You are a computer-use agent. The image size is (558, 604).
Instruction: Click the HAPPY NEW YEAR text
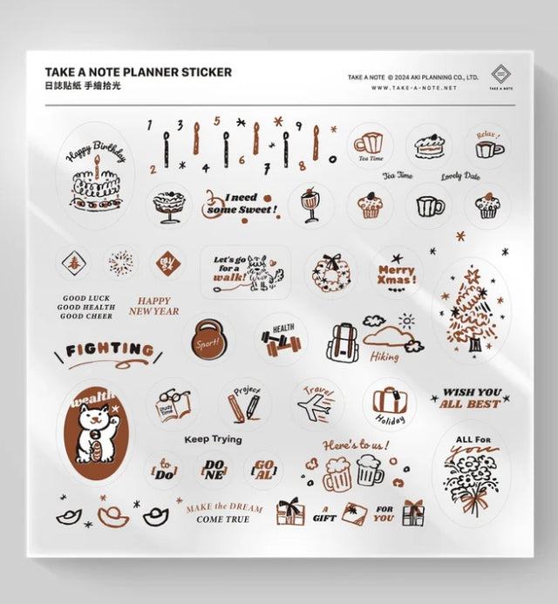(x=154, y=306)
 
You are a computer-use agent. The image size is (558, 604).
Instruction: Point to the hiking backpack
(x=343, y=341)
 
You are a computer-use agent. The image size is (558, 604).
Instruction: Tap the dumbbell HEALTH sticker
(x=281, y=339)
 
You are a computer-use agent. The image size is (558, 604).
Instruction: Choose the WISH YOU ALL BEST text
(x=471, y=398)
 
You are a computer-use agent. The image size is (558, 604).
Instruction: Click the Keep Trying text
(x=214, y=439)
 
